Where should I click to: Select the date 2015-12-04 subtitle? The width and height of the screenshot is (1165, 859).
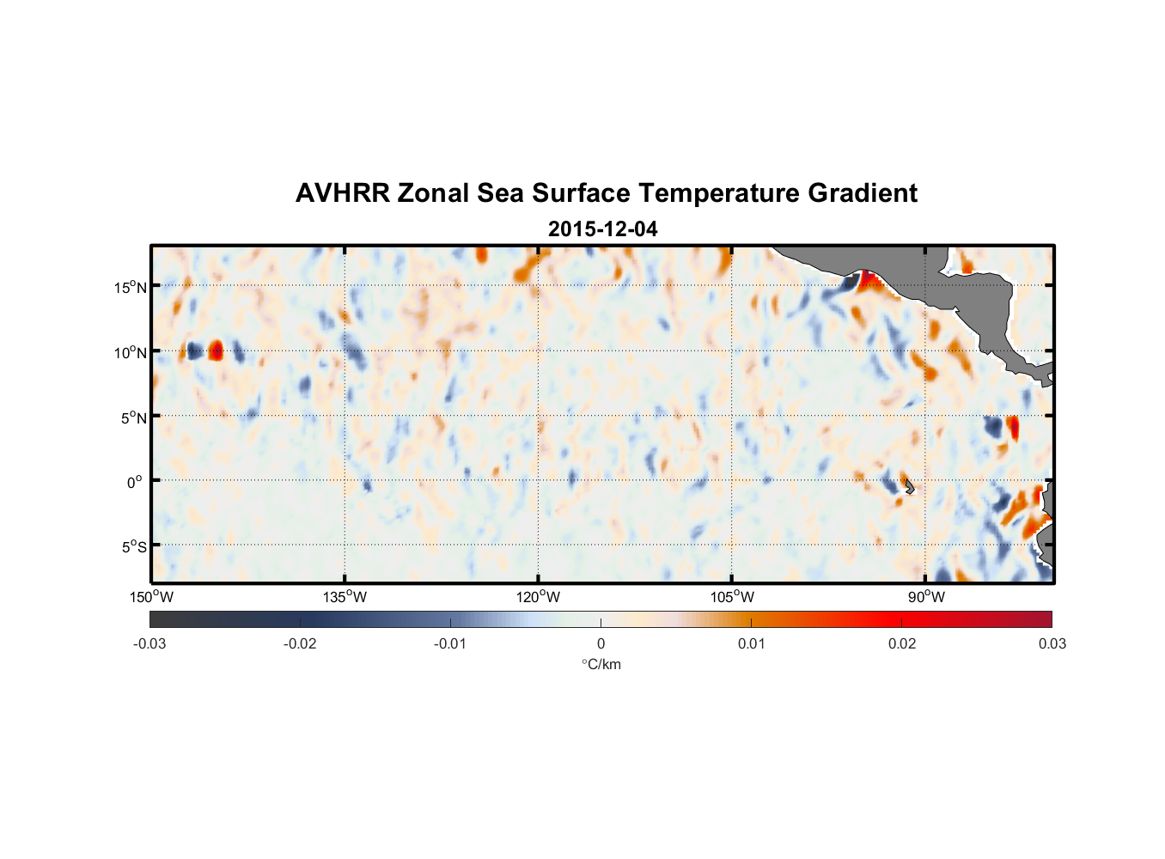click(602, 229)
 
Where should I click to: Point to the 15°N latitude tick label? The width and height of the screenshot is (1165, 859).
click(131, 287)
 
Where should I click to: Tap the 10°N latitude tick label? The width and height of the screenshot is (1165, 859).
click(131, 352)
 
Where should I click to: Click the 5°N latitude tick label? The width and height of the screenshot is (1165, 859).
click(133, 417)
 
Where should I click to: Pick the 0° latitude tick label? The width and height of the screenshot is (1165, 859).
click(135, 482)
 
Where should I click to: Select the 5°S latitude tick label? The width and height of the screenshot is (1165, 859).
click(133, 547)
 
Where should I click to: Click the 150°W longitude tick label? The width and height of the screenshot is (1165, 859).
click(151, 597)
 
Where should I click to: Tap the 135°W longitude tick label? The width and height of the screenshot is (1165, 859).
click(345, 597)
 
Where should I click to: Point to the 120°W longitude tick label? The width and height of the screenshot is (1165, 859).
click(538, 597)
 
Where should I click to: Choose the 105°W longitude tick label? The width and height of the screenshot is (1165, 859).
click(732, 597)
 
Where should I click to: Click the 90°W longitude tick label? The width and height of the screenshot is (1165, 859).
click(926, 597)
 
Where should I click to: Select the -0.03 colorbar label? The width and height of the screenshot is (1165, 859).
click(149, 643)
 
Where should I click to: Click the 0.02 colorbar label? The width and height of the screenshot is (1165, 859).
click(902, 643)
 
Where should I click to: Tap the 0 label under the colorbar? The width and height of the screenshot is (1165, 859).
click(601, 643)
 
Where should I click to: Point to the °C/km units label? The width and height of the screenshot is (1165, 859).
click(601, 664)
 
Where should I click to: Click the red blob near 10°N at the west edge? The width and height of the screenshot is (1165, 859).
click(216, 350)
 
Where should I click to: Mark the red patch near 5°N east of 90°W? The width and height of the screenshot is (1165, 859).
click(1014, 427)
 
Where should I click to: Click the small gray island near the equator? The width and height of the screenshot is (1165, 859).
click(910, 487)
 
